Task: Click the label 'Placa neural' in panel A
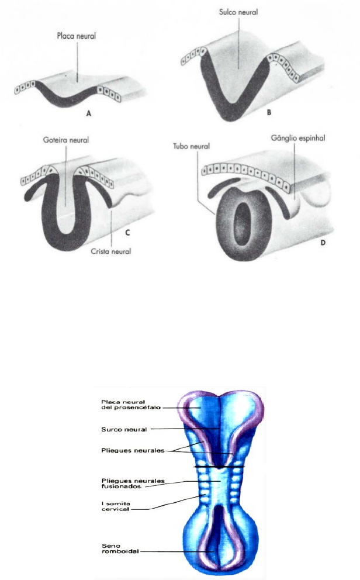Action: click(x=76, y=36)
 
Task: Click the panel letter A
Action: click(x=89, y=115)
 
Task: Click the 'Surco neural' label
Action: click(x=123, y=429)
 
